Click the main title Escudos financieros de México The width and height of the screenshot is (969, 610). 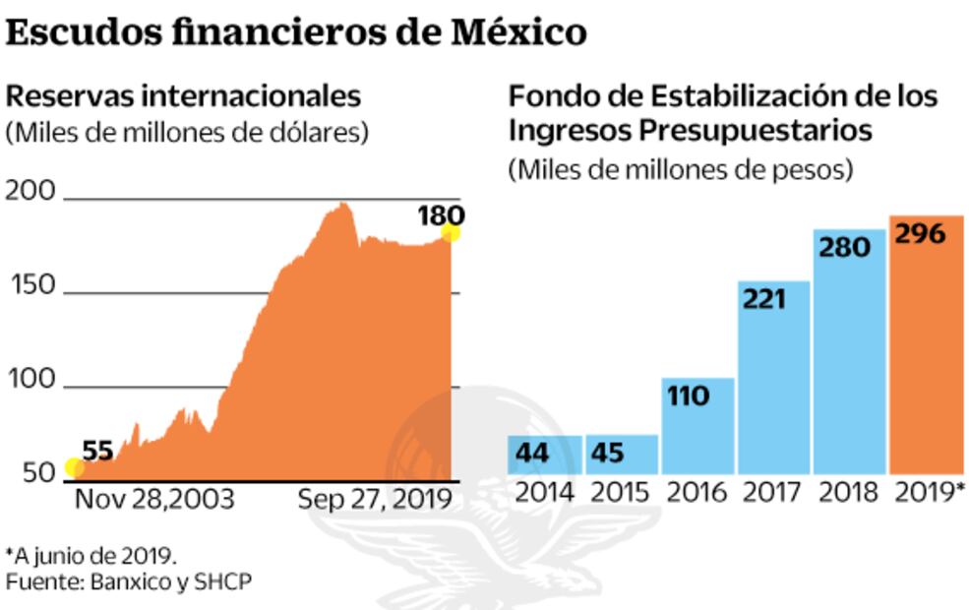[296, 32]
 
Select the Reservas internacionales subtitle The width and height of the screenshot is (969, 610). [184, 96]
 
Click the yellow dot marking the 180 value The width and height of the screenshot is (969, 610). [452, 232]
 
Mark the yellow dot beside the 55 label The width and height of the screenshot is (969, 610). [74, 468]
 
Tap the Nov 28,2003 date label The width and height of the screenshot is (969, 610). [154, 499]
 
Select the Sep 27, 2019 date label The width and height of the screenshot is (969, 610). [374, 499]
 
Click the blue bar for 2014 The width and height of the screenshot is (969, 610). [545, 455]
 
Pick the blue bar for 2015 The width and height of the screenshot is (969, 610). [622, 455]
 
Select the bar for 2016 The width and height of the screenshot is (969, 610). [697, 426]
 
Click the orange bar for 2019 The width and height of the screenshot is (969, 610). [926, 344]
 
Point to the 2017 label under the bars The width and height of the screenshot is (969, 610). [774, 492]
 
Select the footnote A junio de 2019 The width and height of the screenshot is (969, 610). [91, 555]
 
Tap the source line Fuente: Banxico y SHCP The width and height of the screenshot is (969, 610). [129, 582]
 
